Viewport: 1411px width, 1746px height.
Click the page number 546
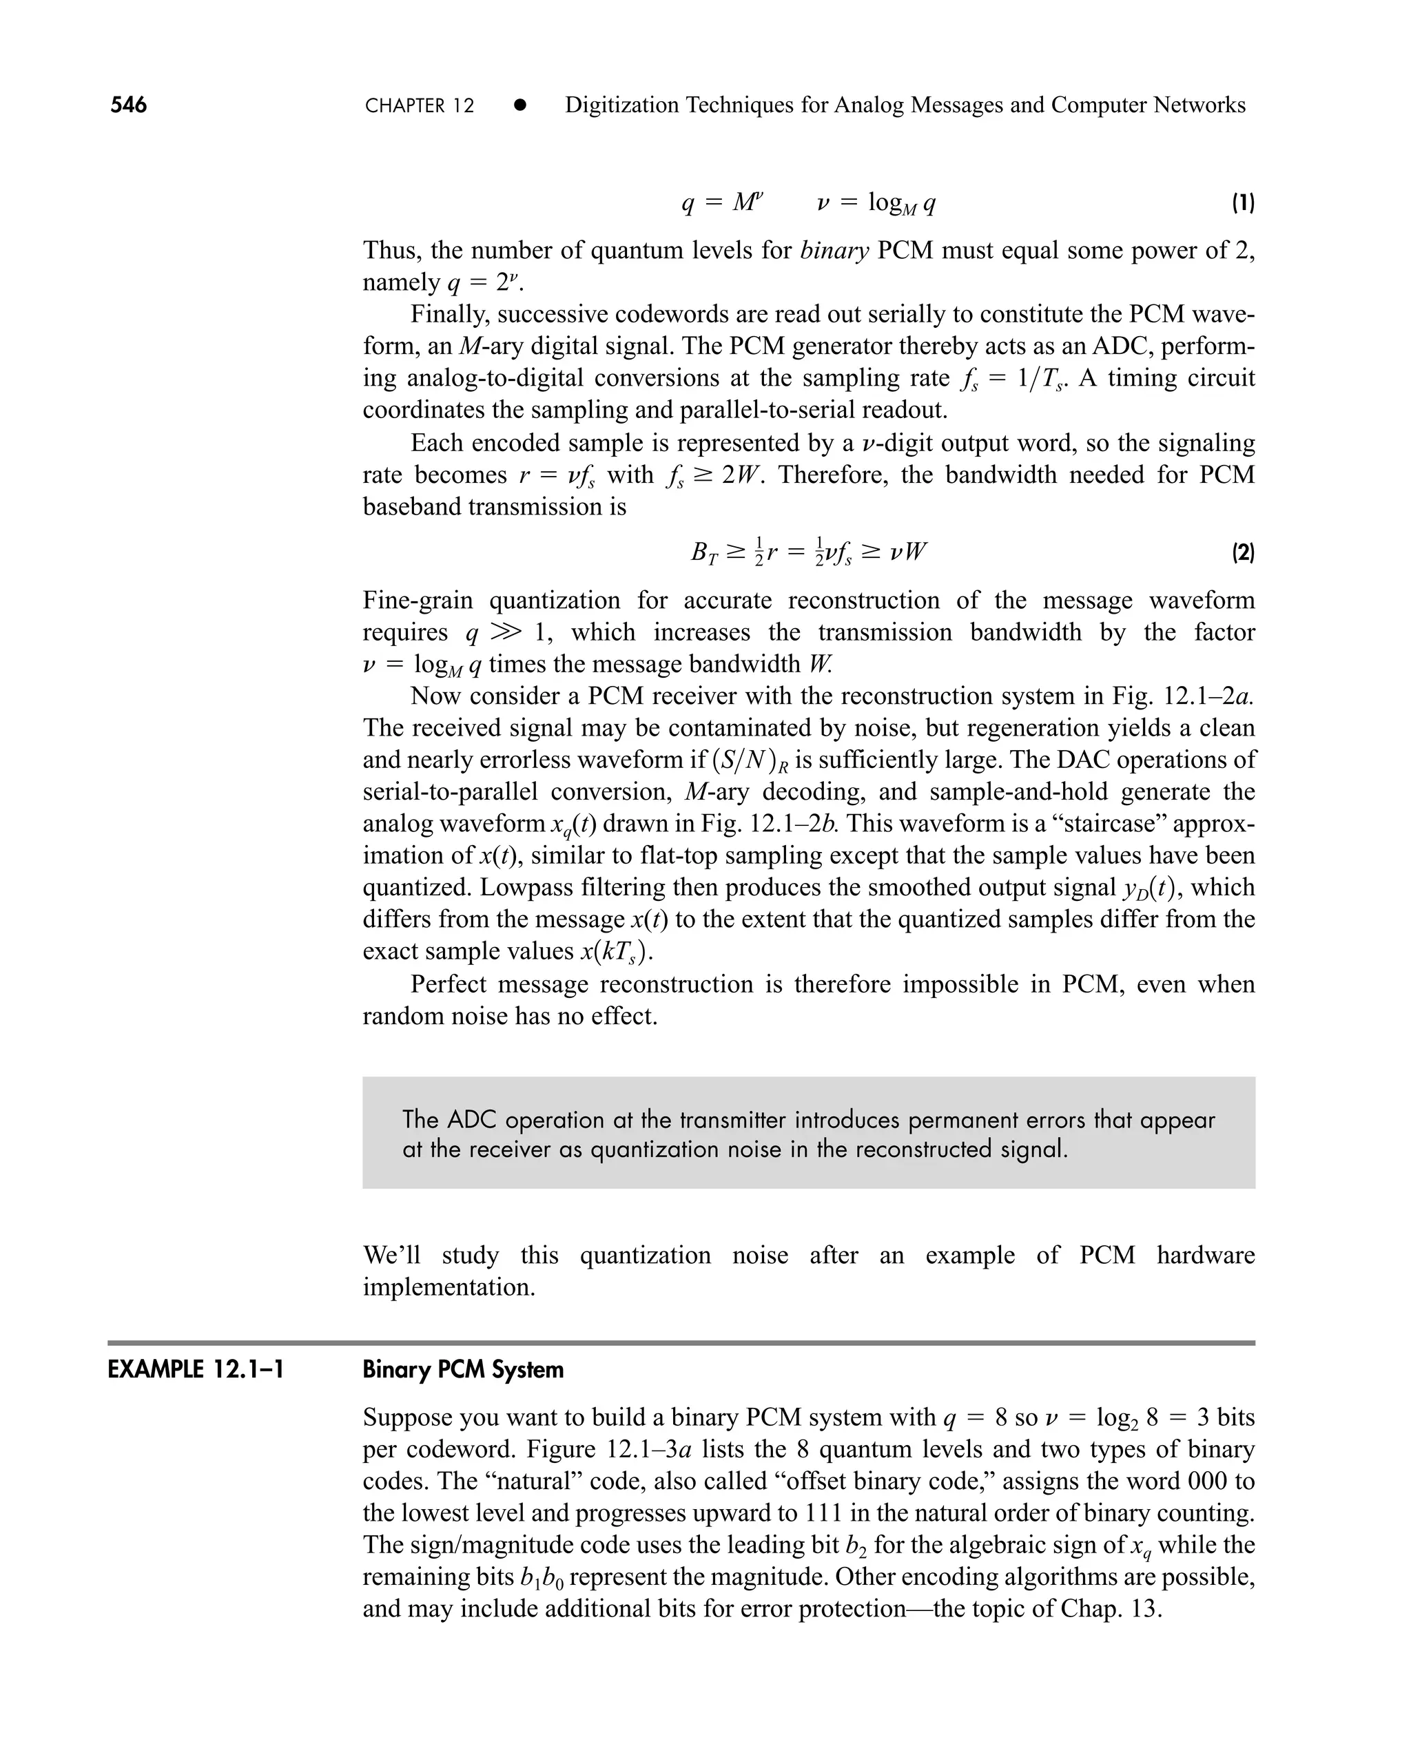128,105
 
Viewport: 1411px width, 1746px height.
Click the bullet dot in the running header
520,105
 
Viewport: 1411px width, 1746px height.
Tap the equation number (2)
1243,554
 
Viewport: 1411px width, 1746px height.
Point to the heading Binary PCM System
462,1370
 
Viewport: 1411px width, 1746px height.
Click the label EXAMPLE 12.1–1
196,1370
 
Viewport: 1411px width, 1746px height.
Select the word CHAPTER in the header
406,105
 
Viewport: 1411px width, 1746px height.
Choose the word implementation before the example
449,1287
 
